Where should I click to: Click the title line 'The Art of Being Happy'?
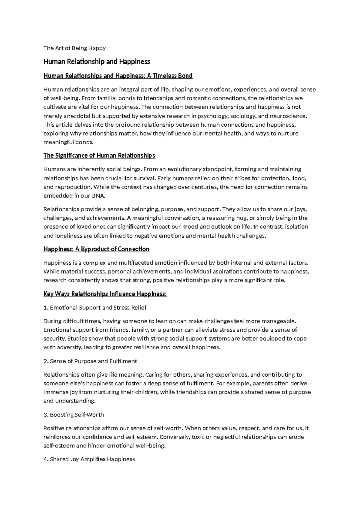pos(74,48)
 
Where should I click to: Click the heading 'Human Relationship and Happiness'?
pos(97,62)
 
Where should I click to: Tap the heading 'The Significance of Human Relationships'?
pos(99,155)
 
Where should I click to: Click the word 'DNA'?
pos(99,196)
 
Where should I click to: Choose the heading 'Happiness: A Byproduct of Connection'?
pos(96,249)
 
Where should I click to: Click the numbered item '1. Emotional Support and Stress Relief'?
pos(95,308)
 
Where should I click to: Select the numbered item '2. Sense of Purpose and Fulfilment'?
pos(90,361)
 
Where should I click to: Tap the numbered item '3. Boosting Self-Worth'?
pos(73,415)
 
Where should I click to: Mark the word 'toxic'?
pos(198,437)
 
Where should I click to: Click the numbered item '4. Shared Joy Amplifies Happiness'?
pos(89,459)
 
